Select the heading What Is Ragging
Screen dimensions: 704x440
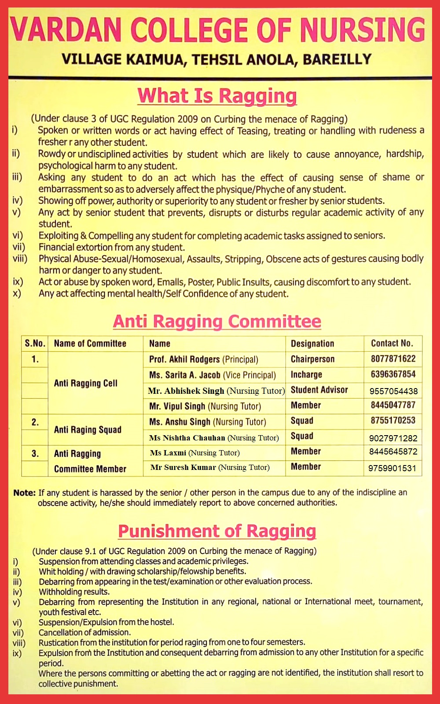click(217, 96)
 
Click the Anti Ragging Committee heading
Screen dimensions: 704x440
click(217, 321)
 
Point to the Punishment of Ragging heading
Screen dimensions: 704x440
click(217, 531)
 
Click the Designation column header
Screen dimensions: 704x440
click(312, 344)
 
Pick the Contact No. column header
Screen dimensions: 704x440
click(392, 343)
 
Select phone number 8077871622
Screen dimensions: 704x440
click(393, 359)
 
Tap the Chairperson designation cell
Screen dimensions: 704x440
click(312, 359)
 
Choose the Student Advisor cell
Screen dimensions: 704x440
click(319, 390)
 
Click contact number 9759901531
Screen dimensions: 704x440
click(392, 468)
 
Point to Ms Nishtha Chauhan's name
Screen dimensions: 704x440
click(187, 438)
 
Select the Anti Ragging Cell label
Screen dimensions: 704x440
click(86, 383)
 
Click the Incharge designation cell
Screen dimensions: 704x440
click(306, 374)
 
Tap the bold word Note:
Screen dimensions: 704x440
click(24, 493)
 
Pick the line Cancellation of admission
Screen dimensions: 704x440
click(84, 632)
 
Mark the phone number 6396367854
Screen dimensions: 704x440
click(393, 374)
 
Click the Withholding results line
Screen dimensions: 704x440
click(74, 592)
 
